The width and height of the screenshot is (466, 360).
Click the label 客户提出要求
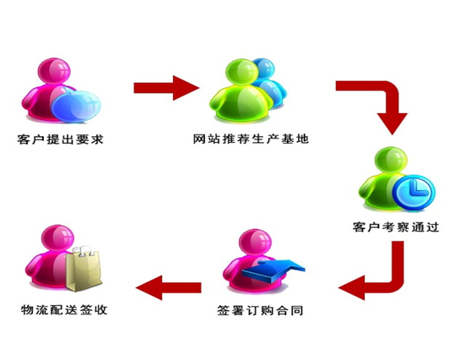(60, 139)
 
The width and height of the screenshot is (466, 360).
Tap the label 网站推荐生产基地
(251, 139)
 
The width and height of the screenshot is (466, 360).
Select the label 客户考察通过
(396, 227)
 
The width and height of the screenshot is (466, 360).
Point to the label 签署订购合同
(260, 311)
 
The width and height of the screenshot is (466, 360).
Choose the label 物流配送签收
(64, 310)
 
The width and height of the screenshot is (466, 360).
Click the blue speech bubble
(76, 106)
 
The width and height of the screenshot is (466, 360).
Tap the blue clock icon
(414, 193)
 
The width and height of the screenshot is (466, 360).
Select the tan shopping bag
(84, 269)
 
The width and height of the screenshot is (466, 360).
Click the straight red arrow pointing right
(166, 88)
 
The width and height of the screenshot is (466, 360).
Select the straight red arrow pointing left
(169, 287)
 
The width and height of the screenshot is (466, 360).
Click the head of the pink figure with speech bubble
(54, 71)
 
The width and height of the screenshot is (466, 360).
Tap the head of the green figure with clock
(391, 160)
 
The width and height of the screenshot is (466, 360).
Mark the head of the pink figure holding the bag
(57, 238)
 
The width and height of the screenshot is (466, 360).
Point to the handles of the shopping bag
(84, 251)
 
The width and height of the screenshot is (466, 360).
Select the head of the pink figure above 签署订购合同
(255, 243)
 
